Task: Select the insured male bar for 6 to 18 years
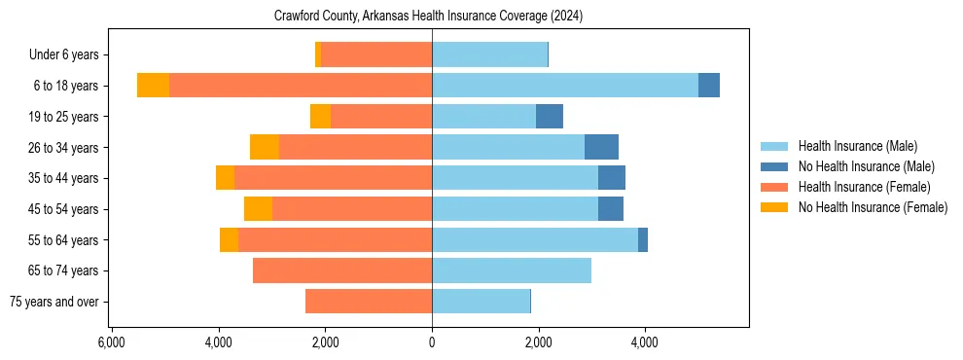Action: (565, 86)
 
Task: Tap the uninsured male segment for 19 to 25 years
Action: (550, 117)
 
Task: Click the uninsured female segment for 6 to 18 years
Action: (153, 86)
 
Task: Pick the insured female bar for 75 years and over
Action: (369, 302)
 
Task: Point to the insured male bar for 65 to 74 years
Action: (512, 270)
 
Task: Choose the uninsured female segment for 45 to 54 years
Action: (258, 209)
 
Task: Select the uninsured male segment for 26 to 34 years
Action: (601, 147)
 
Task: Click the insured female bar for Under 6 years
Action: (376, 54)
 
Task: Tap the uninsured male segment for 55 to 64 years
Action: (643, 240)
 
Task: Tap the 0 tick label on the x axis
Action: (432, 342)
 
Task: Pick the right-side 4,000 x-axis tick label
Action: (645, 342)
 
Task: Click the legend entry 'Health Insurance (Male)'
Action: (857, 146)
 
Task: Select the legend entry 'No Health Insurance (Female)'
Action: (873, 207)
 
